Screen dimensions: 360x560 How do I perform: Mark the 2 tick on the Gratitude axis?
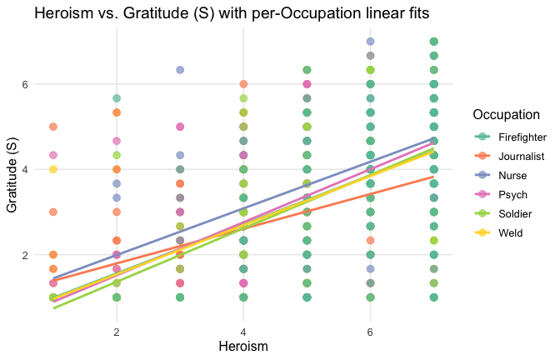pyautogui.click(x=26, y=255)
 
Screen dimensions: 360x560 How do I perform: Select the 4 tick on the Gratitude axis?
pyautogui.click(x=26, y=170)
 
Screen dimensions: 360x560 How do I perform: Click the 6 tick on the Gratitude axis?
pyautogui.click(x=26, y=84)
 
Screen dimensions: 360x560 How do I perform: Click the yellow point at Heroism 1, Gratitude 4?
pyautogui.click(x=53, y=170)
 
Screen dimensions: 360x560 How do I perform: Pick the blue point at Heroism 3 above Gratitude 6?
pyautogui.click(x=180, y=70)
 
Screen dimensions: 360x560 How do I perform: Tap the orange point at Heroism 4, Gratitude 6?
pyautogui.click(x=243, y=84)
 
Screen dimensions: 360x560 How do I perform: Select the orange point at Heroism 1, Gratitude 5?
pyautogui.click(x=53, y=127)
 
